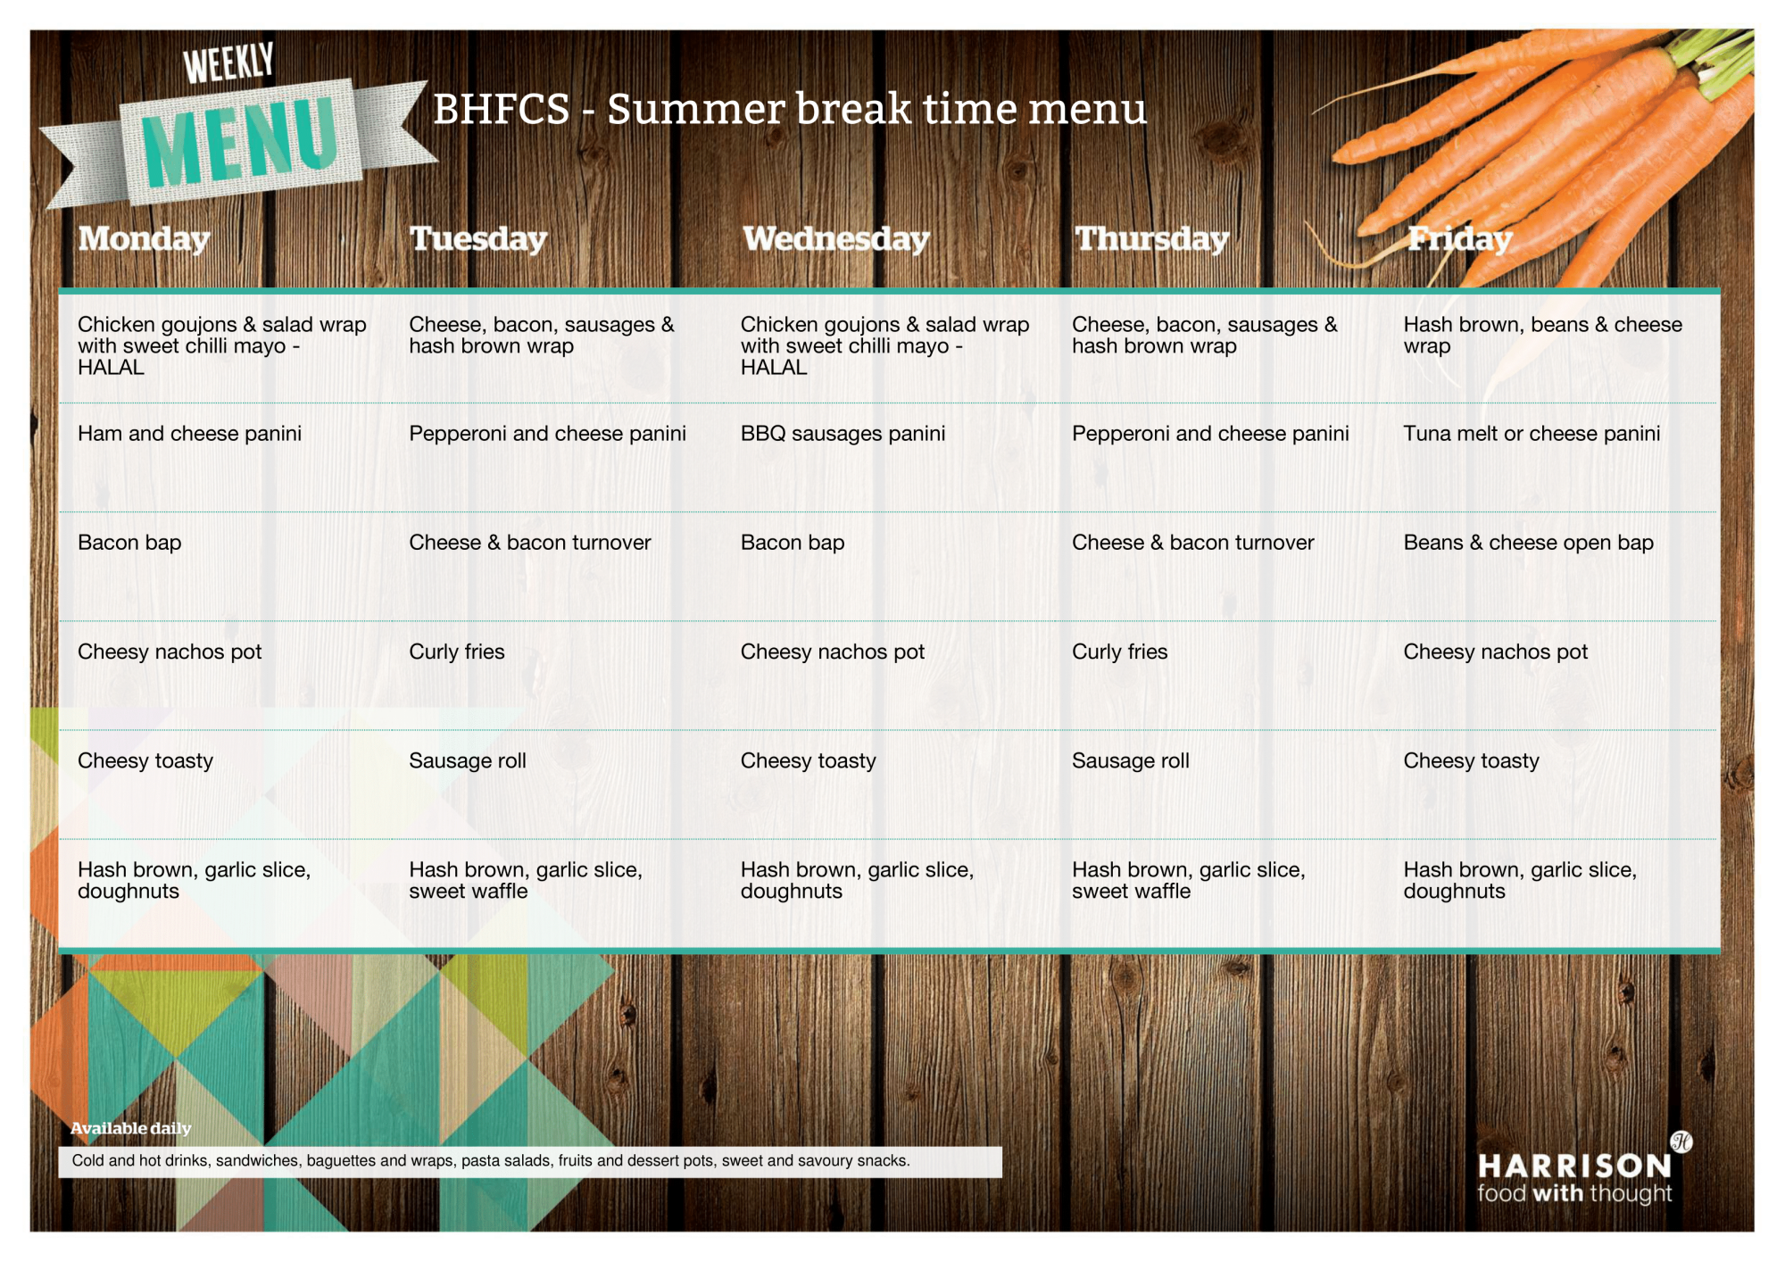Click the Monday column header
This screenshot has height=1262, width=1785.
(144, 239)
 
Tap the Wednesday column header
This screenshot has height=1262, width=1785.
(836, 239)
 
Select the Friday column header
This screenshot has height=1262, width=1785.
(1459, 239)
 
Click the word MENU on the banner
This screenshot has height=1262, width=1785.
(239, 140)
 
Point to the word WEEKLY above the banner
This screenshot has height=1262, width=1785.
(228, 62)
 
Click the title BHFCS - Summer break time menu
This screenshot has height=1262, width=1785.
(790, 109)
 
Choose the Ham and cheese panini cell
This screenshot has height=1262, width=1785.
(189, 434)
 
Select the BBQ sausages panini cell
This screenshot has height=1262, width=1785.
(843, 434)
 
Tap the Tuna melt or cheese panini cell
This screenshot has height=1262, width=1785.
(1532, 434)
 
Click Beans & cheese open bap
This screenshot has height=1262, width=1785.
(1528, 543)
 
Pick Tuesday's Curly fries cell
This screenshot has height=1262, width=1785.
(457, 652)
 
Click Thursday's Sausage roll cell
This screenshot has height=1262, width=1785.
(1131, 760)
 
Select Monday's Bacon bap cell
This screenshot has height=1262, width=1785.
(129, 543)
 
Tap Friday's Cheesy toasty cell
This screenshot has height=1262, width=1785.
(1471, 760)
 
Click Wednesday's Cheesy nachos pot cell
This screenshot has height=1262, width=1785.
(833, 652)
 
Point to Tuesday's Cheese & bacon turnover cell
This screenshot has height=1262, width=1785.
(530, 543)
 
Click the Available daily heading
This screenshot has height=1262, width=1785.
(131, 1128)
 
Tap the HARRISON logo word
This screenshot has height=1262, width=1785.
(1574, 1166)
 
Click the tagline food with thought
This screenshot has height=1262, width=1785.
(1574, 1193)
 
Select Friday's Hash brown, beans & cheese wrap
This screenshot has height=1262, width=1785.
(1542, 336)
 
